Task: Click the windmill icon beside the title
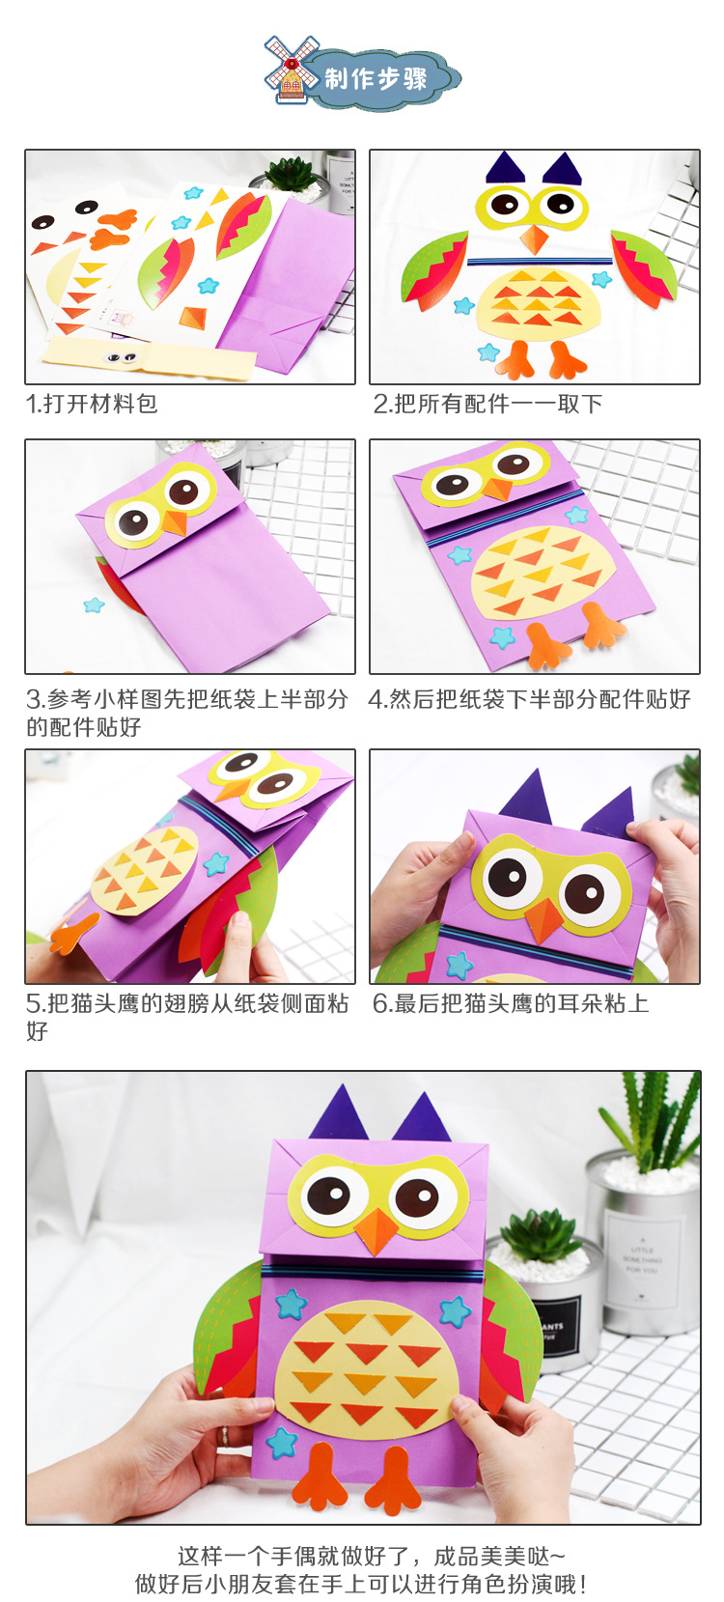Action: [x=291, y=70]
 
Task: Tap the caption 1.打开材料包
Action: [x=92, y=404]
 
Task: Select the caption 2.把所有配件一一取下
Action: [x=487, y=404]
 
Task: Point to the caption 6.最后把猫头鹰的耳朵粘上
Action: [x=511, y=1004]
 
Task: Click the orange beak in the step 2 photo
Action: [x=534, y=239]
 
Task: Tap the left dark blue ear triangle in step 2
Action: [x=505, y=169]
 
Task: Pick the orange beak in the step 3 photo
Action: [x=175, y=523]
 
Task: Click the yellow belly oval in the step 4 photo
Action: [x=536, y=575]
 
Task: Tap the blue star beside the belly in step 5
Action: [x=216, y=862]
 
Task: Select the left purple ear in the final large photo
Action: [x=338, y=1115]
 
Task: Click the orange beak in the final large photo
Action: [x=376, y=1231]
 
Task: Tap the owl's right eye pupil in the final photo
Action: [x=416, y=1197]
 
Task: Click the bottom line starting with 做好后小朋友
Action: [x=361, y=1584]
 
